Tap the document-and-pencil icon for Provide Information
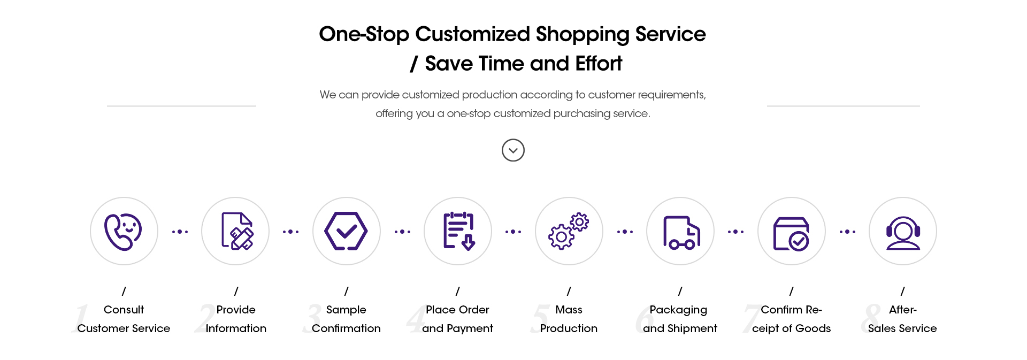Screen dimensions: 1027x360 [237, 231]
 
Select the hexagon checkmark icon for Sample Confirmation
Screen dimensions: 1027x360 [346, 231]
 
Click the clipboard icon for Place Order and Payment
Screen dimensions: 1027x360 [459, 231]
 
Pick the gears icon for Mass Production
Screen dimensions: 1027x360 [569, 231]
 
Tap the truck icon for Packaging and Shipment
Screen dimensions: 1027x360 [681, 232]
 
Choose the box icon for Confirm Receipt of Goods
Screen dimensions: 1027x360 [791, 234]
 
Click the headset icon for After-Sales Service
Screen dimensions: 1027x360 [903, 233]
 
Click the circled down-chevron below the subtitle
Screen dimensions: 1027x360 [513, 150]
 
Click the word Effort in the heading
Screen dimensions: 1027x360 [599, 64]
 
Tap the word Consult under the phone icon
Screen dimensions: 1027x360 [124, 310]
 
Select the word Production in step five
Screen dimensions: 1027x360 [569, 328]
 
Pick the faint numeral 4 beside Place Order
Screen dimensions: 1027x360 [416, 319]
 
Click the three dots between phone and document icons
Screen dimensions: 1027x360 [180, 232]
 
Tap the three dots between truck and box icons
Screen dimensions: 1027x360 [735, 232]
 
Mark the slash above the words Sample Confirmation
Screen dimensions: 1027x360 [346, 291]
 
